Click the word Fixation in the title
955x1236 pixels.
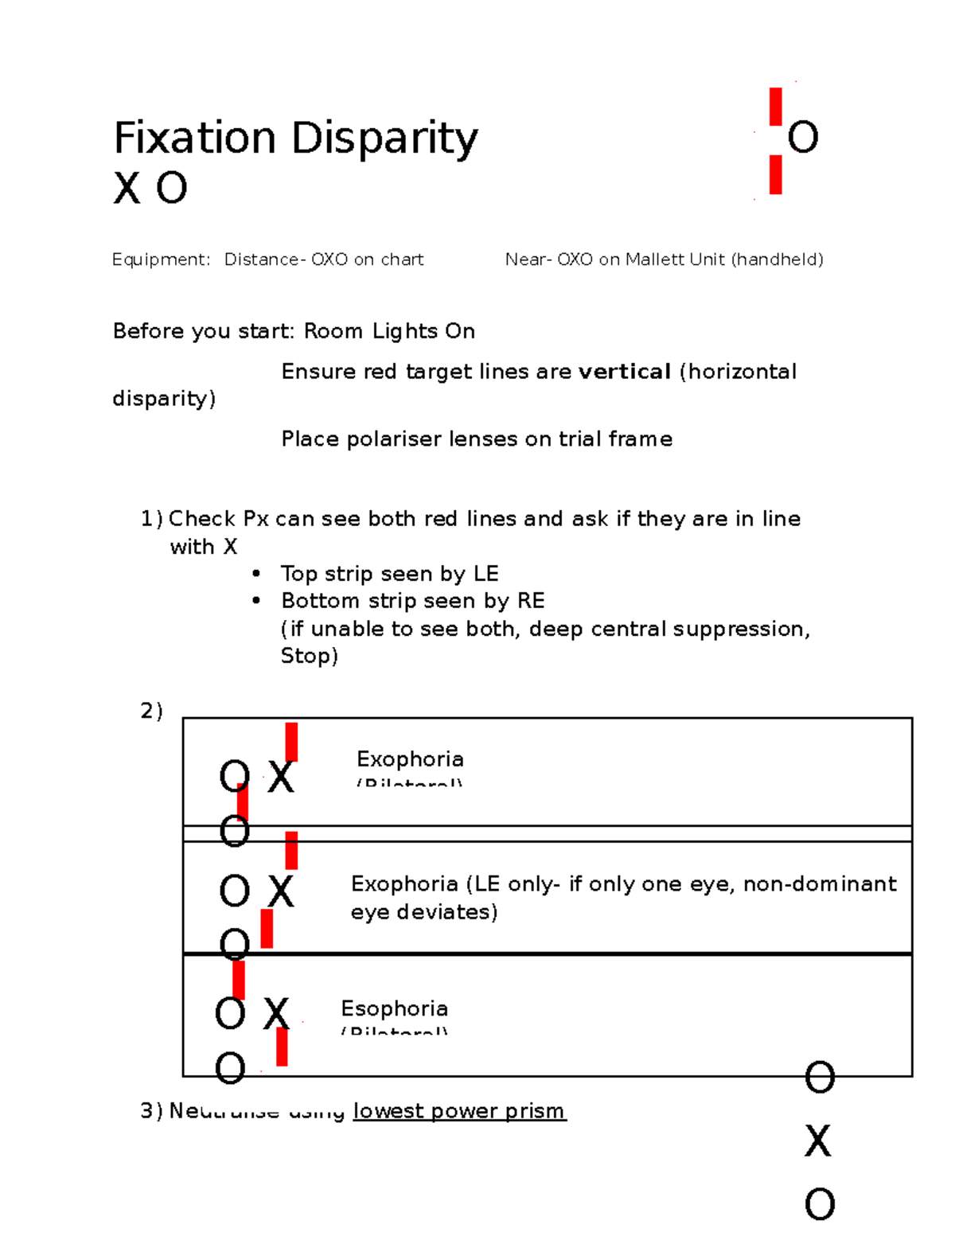coord(194,138)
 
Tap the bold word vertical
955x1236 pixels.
coord(624,372)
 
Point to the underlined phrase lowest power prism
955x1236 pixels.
coord(459,1110)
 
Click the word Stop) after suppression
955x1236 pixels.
coord(309,656)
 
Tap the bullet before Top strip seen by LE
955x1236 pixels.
coord(256,574)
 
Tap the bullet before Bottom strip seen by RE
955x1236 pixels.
coord(256,601)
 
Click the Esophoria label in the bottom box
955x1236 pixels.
coord(394,1008)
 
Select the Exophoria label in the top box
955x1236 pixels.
coord(410,758)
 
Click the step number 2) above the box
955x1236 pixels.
coord(151,711)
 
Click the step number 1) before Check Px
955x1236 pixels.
coord(151,519)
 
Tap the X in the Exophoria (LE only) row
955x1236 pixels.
coord(280,891)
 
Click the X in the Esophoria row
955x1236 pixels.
coord(276,1014)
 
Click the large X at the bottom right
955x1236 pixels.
coord(818,1141)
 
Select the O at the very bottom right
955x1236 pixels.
coord(820,1204)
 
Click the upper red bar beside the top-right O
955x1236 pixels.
coord(775,107)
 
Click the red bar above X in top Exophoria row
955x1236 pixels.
coord(291,742)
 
